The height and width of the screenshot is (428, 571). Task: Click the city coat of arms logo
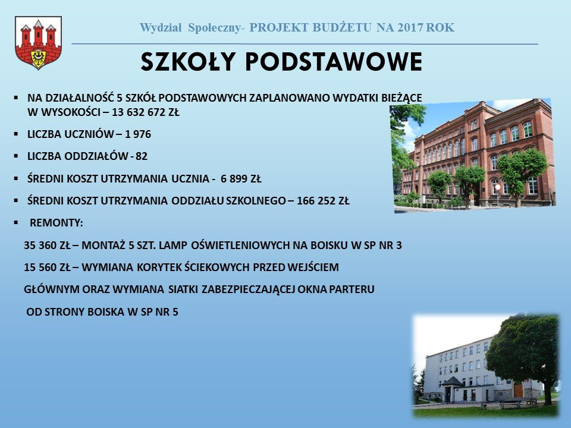click(x=38, y=43)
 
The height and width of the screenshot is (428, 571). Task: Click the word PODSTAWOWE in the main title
click(x=332, y=62)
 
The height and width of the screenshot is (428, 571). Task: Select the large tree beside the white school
click(x=523, y=351)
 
